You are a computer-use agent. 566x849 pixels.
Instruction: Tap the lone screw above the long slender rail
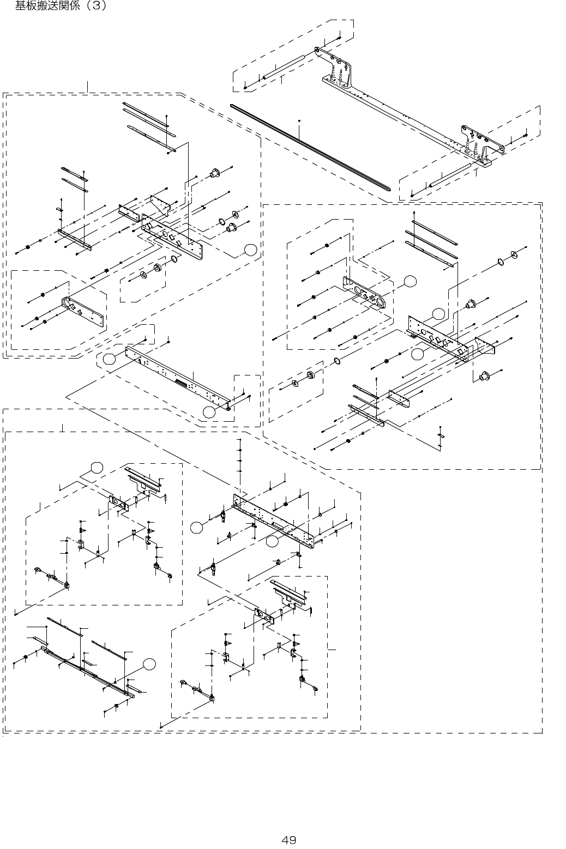click(x=300, y=120)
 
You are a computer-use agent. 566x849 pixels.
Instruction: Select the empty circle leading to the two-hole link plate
click(x=410, y=281)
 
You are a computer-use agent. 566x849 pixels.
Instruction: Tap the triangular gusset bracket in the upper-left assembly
click(x=161, y=204)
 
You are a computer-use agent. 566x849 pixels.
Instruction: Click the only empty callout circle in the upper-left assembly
click(x=250, y=250)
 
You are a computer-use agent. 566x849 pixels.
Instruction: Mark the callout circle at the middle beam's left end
click(x=110, y=359)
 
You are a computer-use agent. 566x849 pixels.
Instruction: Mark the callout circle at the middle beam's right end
click(x=209, y=412)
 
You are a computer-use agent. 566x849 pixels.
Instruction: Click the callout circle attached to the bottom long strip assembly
click(x=149, y=663)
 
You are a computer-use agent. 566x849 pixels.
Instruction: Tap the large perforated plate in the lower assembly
click(x=273, y=518)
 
